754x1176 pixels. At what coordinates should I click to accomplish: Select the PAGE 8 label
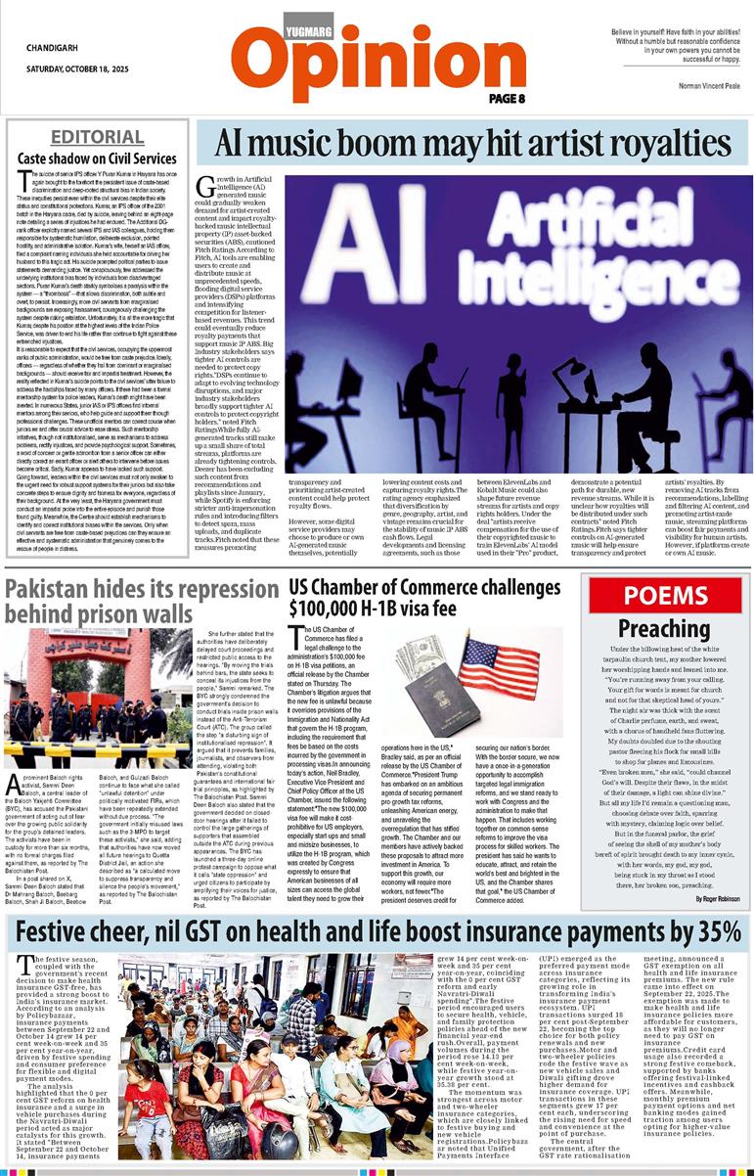(x=508, y=99)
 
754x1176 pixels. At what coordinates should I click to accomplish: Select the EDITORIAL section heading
(x=97, y=136)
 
